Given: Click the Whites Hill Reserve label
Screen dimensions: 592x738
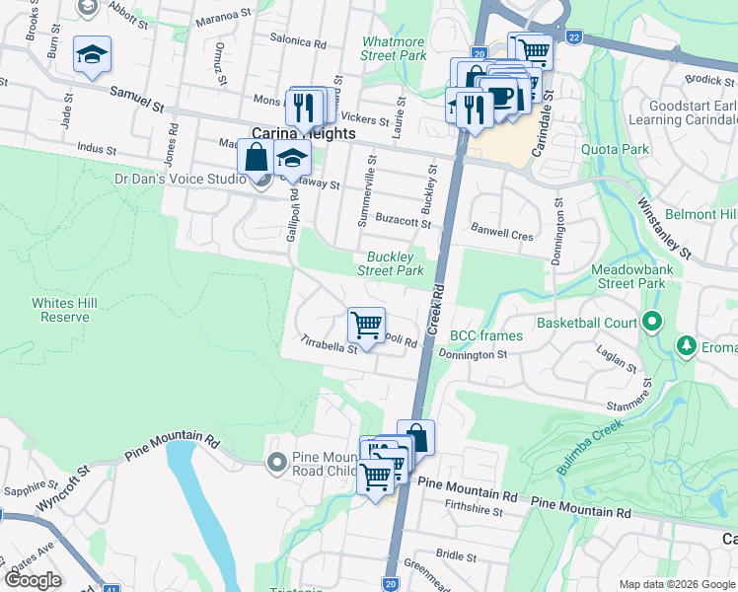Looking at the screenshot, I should click(60, 310).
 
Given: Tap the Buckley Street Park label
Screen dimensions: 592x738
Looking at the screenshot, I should click(390, 263).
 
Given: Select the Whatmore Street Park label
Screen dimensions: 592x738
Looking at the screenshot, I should click(394, 48).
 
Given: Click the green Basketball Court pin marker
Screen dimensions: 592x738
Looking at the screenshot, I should click(651, 322).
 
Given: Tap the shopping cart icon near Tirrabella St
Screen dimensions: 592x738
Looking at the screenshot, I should click(366, 325).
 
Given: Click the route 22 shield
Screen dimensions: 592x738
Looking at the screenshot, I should click(574, 37).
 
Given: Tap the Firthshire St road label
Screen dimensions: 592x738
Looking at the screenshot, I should click(475, 511).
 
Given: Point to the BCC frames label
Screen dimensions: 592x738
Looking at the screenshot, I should click(485, 336).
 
